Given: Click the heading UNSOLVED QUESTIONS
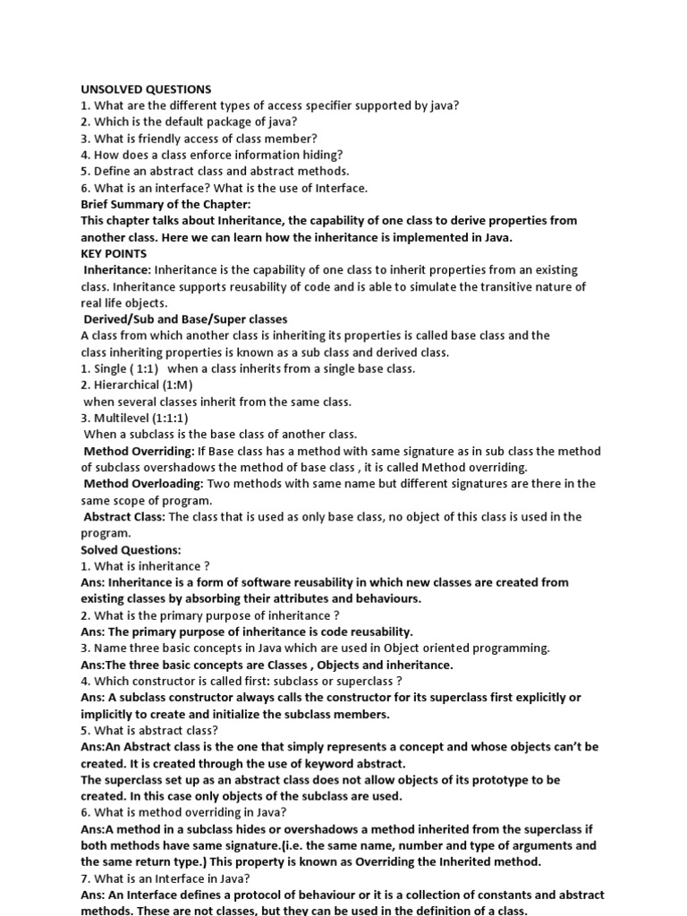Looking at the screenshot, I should coord(146,89).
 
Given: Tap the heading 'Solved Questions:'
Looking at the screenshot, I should coord(131,549).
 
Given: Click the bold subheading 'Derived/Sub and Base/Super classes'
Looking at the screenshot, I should coord(185,319).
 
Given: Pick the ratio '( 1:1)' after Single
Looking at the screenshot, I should coord(144,369).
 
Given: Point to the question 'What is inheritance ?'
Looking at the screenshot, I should coord(151,565).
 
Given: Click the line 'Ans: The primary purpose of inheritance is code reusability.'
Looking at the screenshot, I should coord(247,632).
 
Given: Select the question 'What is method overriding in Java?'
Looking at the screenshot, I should coord(189,812).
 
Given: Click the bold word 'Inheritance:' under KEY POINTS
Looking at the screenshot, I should coord(118,269).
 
